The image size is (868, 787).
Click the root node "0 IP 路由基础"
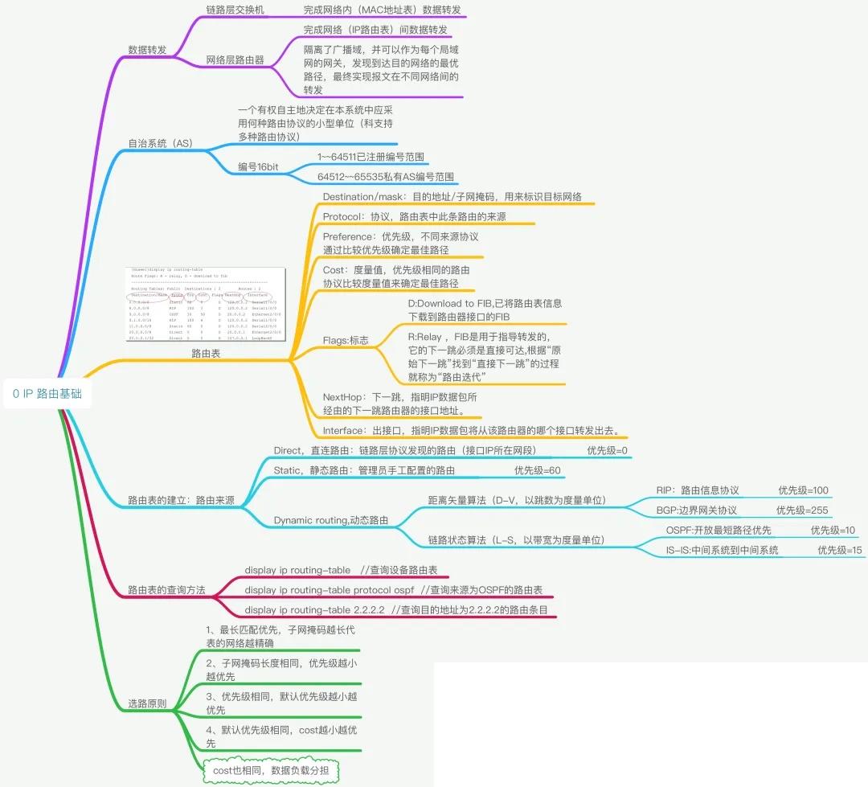pos(47,394)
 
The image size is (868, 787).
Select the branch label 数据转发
pos(147,50)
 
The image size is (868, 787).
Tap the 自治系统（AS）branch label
pos(161,143)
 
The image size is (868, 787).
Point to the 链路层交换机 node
pos(235,10)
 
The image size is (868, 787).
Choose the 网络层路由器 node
pos(235,60)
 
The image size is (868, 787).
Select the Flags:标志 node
pos(346,340)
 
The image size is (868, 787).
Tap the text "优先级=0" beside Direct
pos(607,451)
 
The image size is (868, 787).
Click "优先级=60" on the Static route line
pos(537,470)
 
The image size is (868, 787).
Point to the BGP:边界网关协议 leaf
pos(696,510)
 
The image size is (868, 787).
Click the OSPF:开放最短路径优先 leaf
pos(719,530)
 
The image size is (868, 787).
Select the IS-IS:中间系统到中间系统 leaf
pos(722,550)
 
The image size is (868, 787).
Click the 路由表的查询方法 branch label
pos(166,590)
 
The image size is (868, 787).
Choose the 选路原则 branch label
pos(147,703)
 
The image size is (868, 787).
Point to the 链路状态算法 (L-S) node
pos(516,540)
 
